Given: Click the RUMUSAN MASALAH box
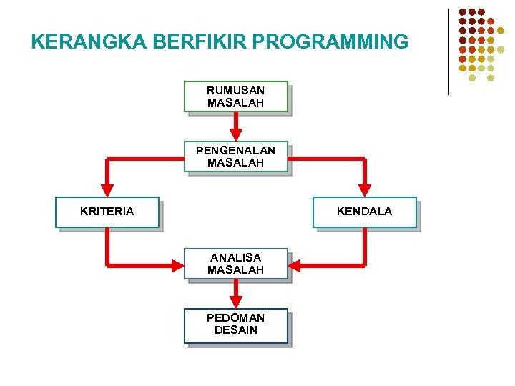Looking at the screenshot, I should pos(236,96).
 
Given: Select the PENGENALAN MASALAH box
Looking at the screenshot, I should pos(236,157).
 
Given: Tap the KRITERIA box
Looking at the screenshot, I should pos(107,212).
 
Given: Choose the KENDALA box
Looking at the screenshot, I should pos(365,212).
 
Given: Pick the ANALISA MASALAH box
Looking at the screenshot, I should pos(236,264).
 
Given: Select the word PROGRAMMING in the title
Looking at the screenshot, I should pos(330,42).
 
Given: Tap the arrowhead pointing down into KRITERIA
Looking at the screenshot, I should pos(107,190).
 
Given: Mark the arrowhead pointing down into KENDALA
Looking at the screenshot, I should pos(365,190).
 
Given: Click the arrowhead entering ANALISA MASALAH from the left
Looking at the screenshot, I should pos(177,265).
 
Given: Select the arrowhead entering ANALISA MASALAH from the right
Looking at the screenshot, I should pos(295,265).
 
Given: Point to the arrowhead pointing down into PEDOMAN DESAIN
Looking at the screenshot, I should pos(236,302).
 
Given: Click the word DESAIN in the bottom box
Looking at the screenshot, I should pos(236,331).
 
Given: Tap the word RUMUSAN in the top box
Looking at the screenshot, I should pos(236,91).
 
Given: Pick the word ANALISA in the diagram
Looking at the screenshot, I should pos(236,257).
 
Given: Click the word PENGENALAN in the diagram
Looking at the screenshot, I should pos(236,151).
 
